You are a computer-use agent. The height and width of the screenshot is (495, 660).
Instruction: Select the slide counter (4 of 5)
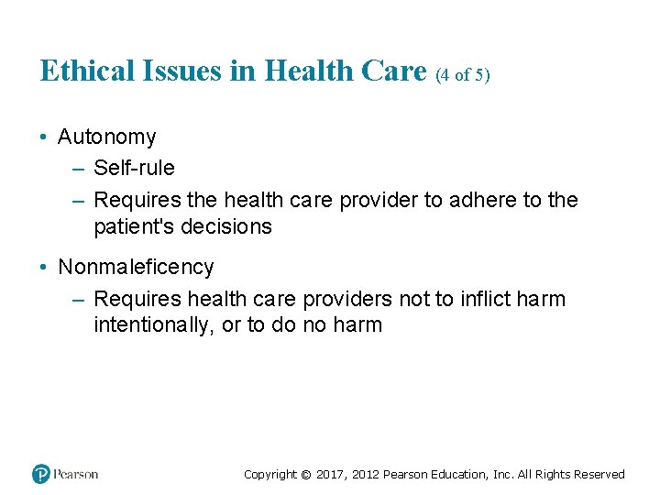[x=463, y=75]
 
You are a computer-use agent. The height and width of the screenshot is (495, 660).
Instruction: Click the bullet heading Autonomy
[x=106, y=137]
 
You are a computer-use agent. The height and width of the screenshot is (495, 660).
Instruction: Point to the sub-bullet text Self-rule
[x=134, y=169]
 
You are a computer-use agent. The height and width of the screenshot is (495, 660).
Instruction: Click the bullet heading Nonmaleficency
[x=136, y=268]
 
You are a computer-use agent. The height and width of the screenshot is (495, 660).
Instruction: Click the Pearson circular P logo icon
[x=40, y=474]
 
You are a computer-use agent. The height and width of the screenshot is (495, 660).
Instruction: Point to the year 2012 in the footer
[x=363, y=475]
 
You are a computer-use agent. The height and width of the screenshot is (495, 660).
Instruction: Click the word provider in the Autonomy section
[x=379, y=200]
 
